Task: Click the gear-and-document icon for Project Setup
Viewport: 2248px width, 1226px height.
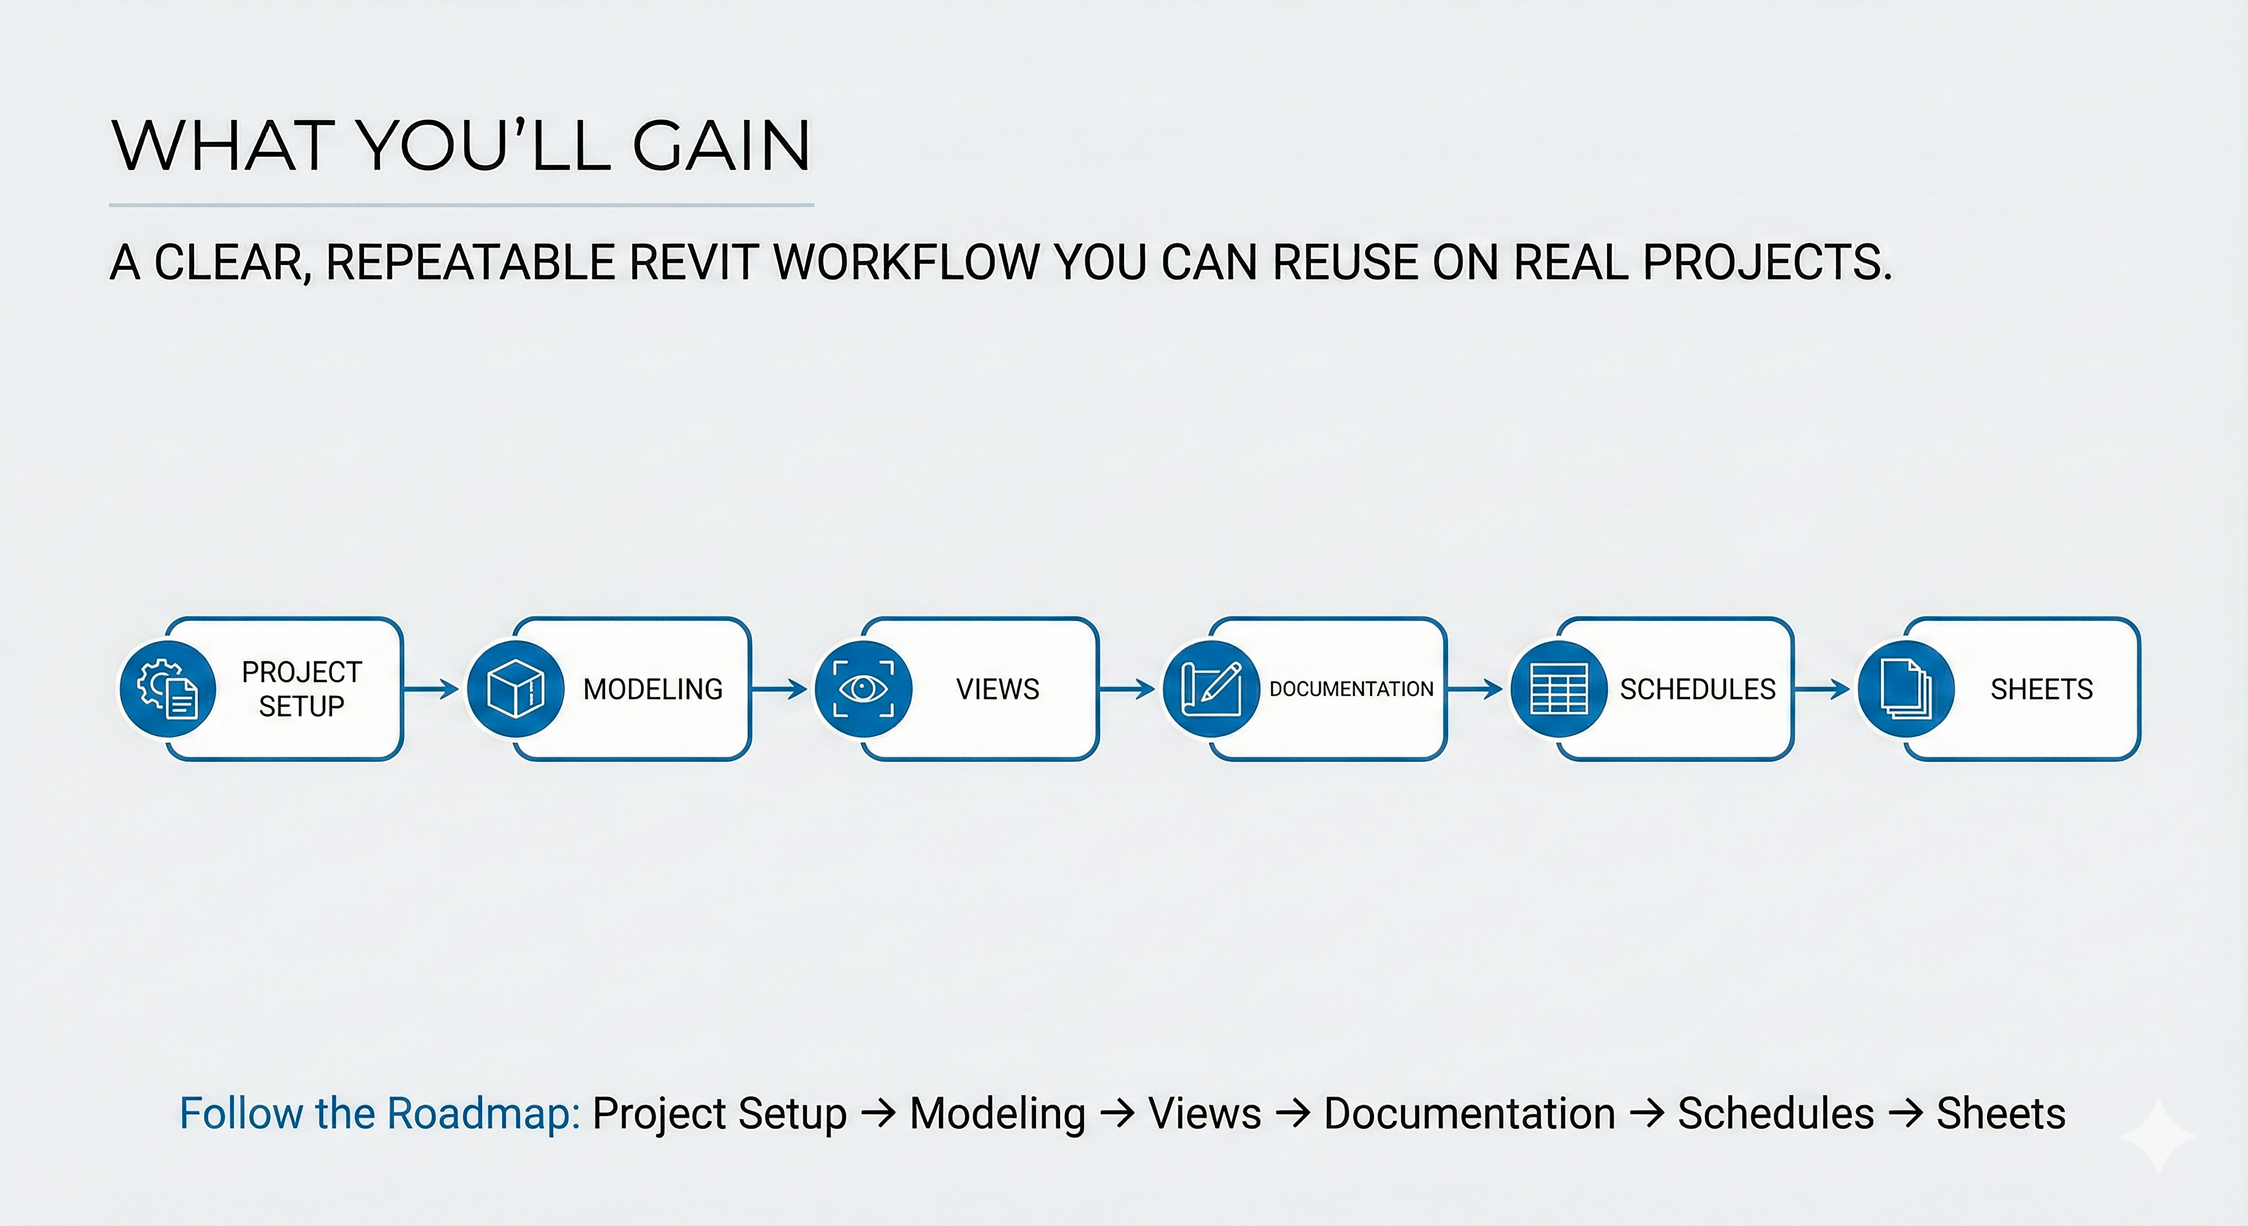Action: (168, 689)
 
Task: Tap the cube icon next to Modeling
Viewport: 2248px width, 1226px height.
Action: (515, 689)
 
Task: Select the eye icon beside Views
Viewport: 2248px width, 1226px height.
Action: (863, 689)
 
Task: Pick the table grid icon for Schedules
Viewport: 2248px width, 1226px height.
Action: (1559, 689)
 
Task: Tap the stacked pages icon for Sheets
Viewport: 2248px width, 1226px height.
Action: (1906, 689)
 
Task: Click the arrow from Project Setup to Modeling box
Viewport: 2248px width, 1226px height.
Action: (432, 689)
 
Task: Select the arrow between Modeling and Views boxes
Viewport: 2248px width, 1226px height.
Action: (779, 689)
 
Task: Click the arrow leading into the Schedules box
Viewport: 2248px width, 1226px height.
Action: (1475, 689)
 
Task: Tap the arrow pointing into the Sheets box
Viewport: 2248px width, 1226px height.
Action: (1822, 689)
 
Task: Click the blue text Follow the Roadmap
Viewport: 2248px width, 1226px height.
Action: (380, 1113)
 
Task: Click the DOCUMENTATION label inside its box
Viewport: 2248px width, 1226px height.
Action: (1351, 689)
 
